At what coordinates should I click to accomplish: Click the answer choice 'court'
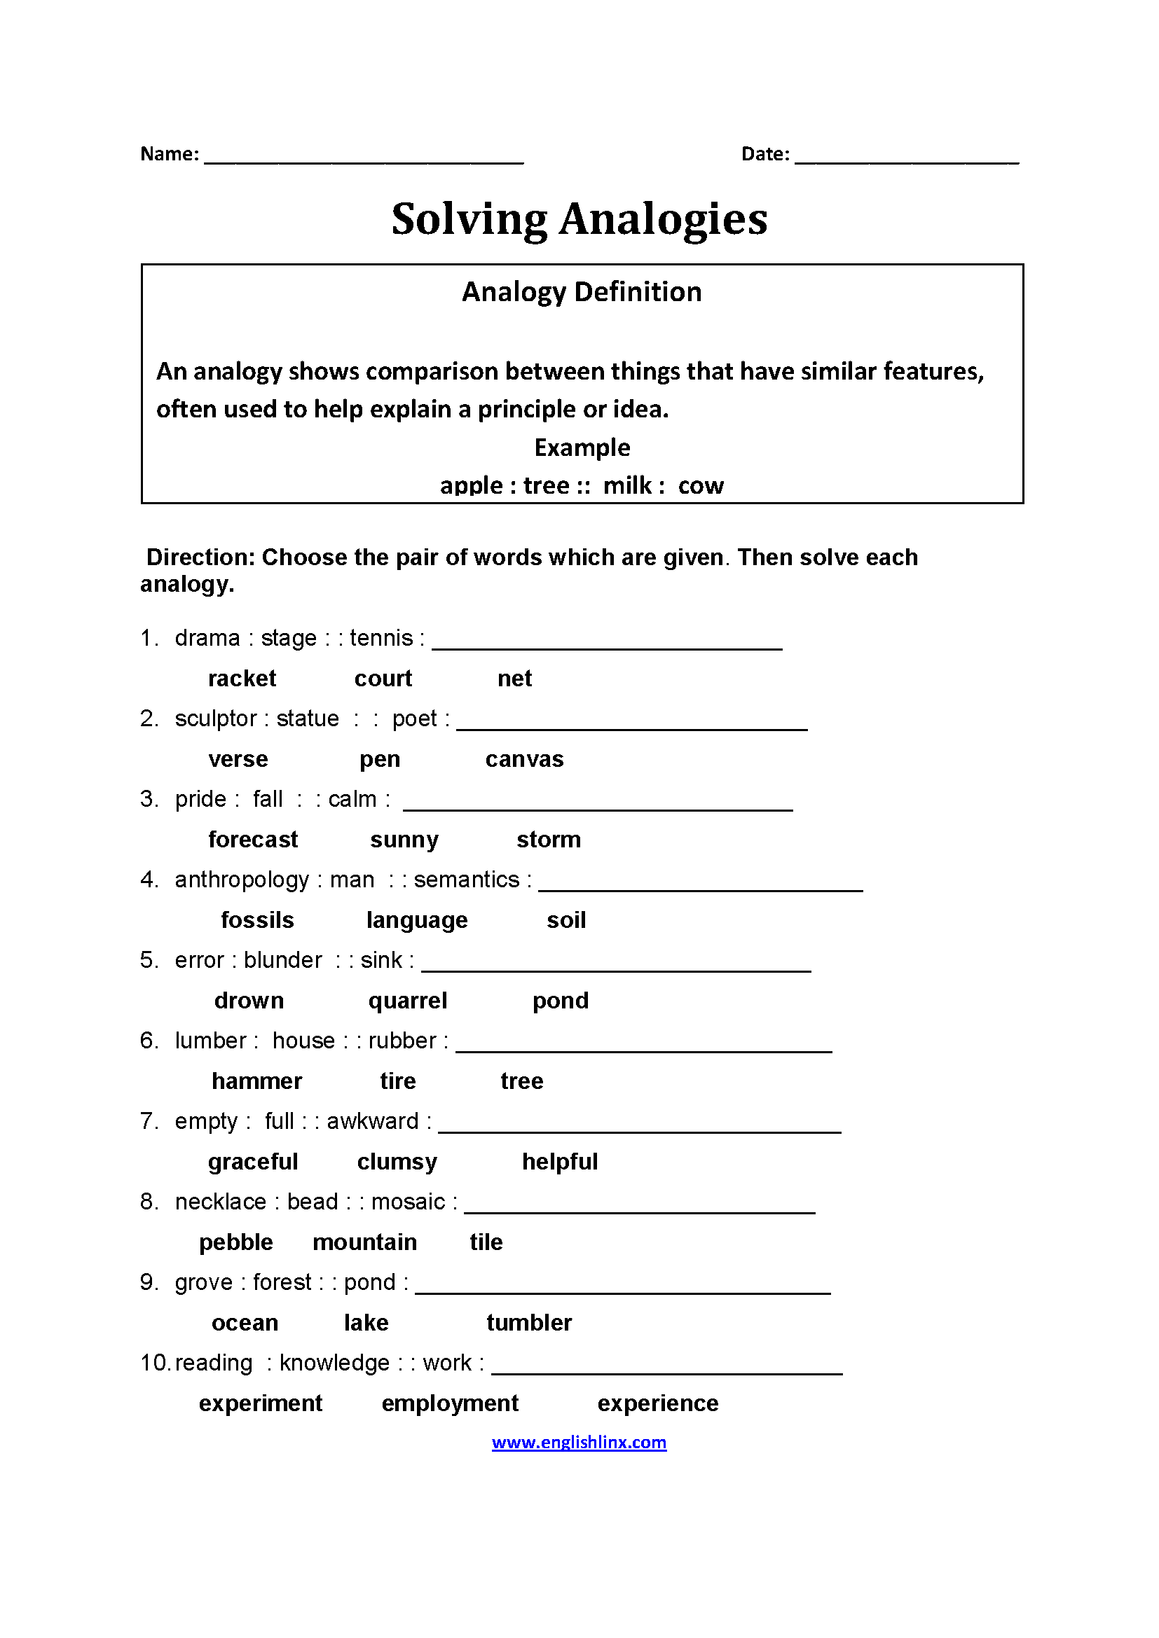click(x=383, y=679)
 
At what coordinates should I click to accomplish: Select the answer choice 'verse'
click(x=238, y=759)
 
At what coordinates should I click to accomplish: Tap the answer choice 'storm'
click(x=548, y=840)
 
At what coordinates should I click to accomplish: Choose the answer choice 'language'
click(x=417, y=920)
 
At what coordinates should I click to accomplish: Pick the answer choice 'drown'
click(x=249, y=1001)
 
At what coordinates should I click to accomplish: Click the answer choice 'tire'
click(x=397, y=1081)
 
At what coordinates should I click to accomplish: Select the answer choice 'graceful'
click(x=253, y=1162)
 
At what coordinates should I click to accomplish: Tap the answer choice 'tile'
click(x=486, y=1243)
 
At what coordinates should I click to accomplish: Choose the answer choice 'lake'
click(x=366, y=1324)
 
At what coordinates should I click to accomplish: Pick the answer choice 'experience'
click(x=657, y=1404)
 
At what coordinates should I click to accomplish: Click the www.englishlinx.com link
click(x=579, y=1443)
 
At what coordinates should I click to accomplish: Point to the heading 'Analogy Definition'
click(x=582, y=292)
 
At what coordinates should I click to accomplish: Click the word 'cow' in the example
click(x=700, y=486)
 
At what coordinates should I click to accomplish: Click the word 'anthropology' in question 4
click(x=241, y=880)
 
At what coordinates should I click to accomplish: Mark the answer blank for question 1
click(x=607, y=642)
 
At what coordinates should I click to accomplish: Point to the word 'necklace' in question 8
click(x=220, y=1202)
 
